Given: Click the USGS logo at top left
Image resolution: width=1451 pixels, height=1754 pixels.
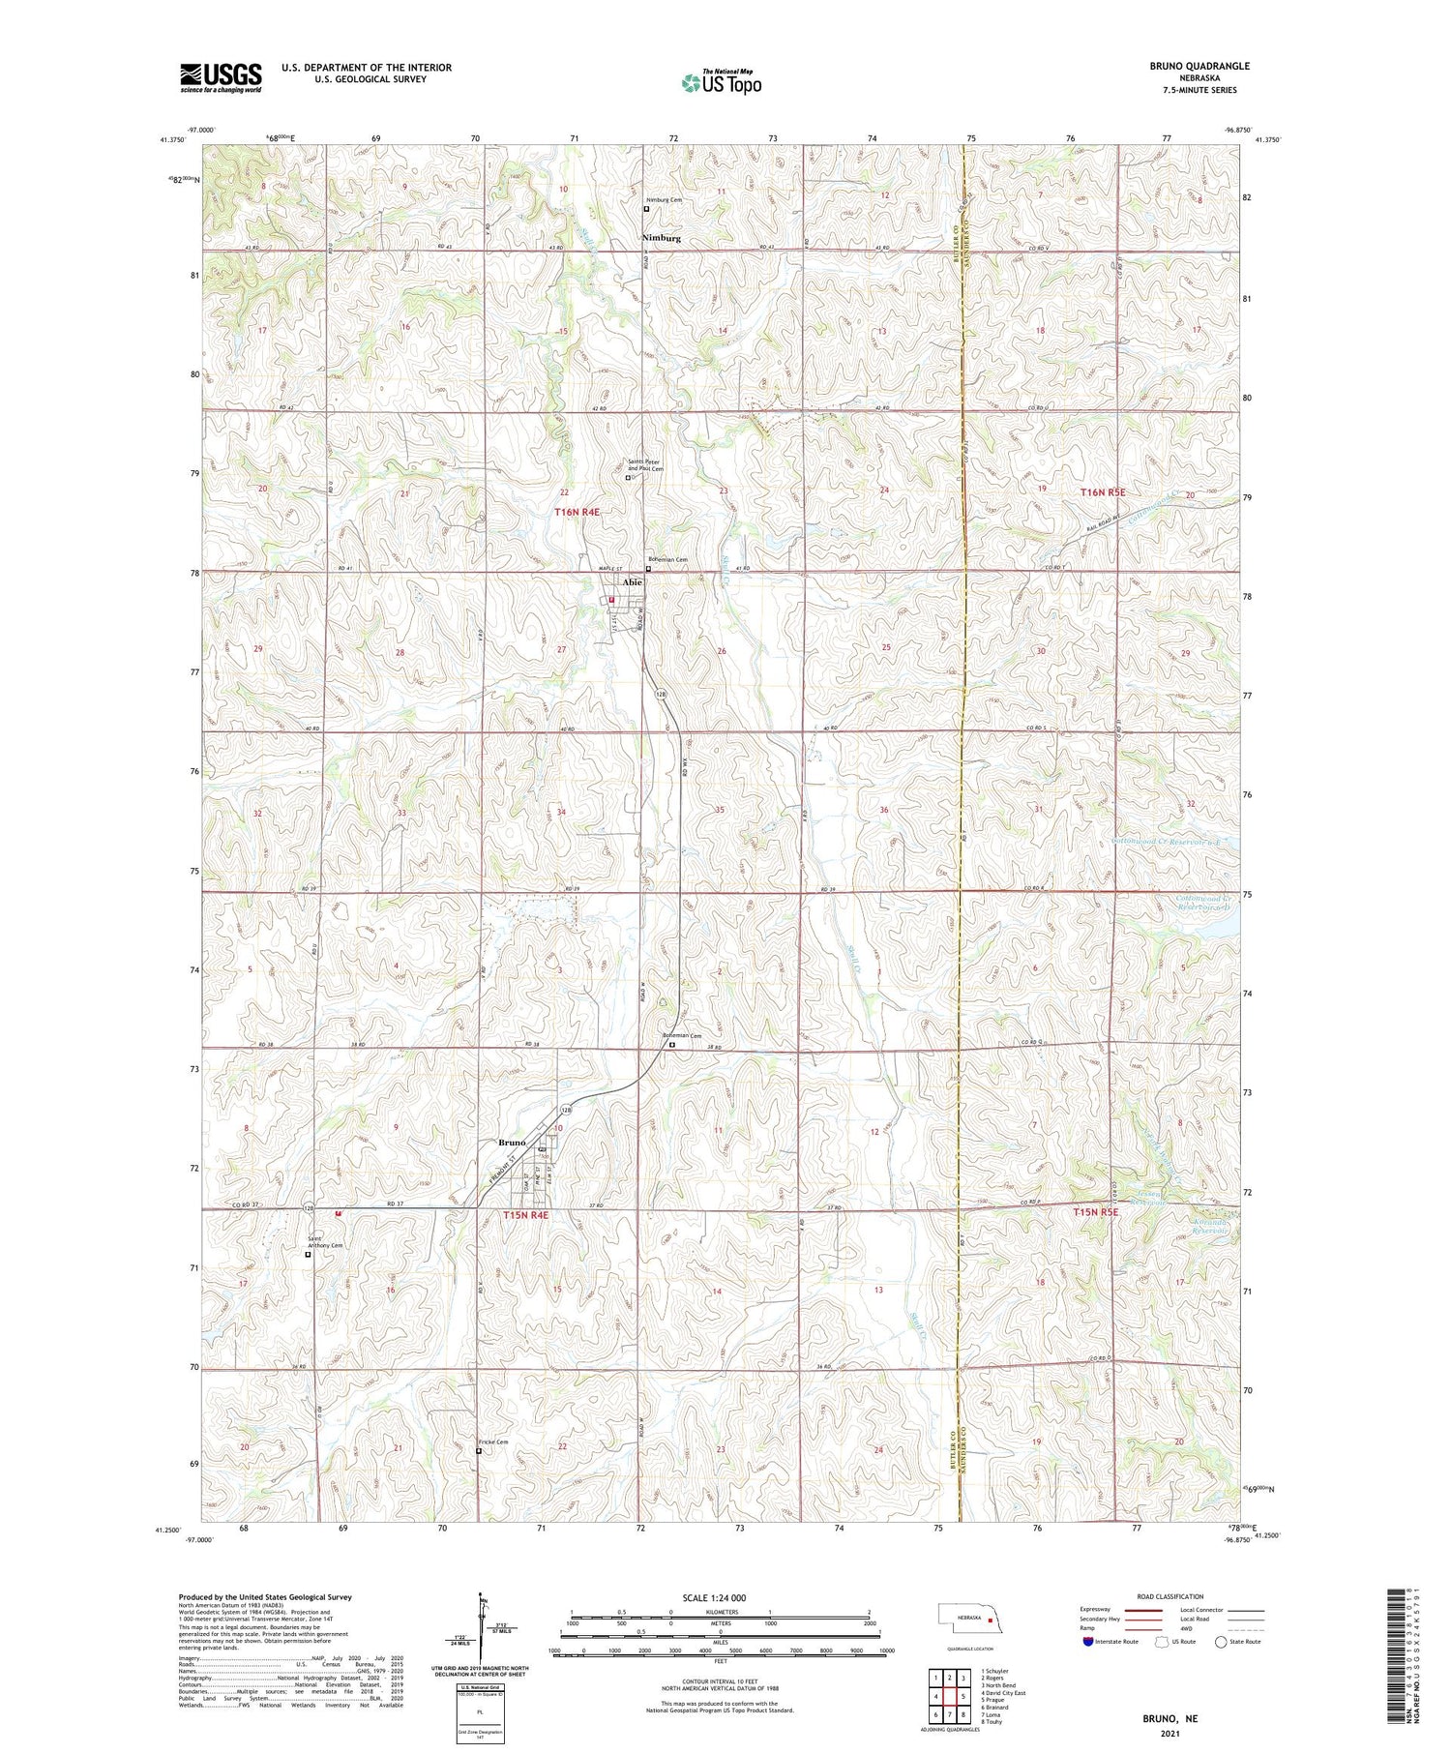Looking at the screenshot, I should click(221, 77).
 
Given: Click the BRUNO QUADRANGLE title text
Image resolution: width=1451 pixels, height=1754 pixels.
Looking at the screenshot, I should click(1199, 66).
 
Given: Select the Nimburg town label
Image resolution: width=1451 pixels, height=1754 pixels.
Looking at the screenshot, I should click(662, 238).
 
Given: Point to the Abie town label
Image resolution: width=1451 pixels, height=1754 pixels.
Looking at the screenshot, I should click(632, 582).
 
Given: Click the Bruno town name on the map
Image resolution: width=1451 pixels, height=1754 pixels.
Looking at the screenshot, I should click(512, 1143).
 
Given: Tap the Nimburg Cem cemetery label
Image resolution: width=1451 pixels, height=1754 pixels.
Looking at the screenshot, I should click(664, 200).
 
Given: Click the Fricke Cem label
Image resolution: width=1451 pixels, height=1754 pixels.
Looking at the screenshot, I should click(492, 1442).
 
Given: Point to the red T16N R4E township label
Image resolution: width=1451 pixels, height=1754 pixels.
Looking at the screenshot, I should click(577, 512).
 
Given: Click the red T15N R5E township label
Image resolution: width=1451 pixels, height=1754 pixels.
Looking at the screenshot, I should click(1095, 1211).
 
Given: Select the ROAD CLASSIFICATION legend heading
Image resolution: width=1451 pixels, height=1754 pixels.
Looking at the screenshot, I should click(1170, 1596).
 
